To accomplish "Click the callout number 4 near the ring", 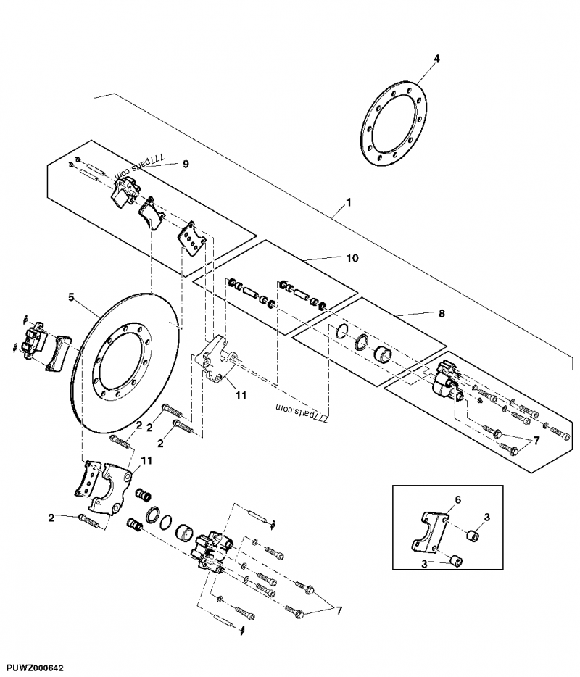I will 436,57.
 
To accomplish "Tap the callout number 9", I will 186,165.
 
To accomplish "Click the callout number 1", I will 349,202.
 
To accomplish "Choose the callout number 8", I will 442,313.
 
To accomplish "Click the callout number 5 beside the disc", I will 71,296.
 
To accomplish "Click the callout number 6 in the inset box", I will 457,500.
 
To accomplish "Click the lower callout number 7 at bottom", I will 338,611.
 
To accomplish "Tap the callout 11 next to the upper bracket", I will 241,396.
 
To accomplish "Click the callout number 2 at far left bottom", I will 51,517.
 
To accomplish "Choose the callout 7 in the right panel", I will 536,440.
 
